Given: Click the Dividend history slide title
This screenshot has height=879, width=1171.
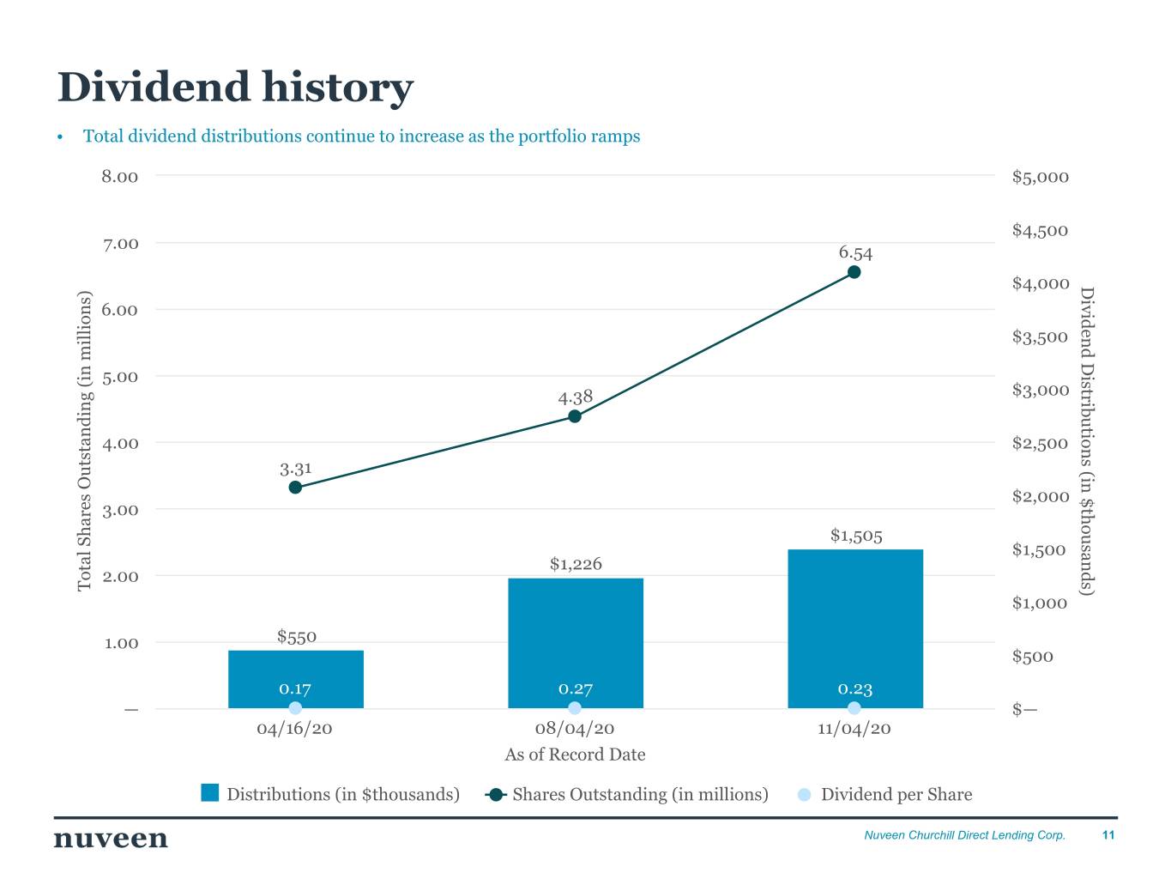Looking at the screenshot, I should (235, 88).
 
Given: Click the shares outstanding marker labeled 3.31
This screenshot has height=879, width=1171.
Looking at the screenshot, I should (295, 488).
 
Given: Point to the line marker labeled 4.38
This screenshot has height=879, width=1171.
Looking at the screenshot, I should (575, 416).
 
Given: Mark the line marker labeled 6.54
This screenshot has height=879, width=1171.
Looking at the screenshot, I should (854, 272).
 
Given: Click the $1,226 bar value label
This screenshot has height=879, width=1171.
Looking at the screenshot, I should (576, 564).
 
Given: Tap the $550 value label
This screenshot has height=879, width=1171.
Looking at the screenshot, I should (297, 636).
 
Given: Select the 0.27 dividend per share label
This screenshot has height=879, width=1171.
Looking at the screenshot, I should (576, 688).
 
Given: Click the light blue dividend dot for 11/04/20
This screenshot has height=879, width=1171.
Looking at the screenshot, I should (854, 708).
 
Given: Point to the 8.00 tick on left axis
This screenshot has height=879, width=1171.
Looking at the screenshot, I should (120, 177).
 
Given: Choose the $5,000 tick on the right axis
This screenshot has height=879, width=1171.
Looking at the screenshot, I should (1040, 178).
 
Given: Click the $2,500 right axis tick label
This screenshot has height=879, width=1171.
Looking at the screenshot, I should (1040, 444).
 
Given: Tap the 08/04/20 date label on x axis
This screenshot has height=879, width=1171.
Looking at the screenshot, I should (575, 729).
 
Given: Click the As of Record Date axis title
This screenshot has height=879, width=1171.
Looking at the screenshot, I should (575, 755).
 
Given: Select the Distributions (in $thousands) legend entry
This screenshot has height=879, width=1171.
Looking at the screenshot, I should (330, 794).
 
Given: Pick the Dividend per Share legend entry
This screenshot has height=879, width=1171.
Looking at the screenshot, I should (886, 794).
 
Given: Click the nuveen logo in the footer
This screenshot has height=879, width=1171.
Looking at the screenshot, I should (111, 838).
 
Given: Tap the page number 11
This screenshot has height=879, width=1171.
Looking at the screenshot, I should (1108, 835).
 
